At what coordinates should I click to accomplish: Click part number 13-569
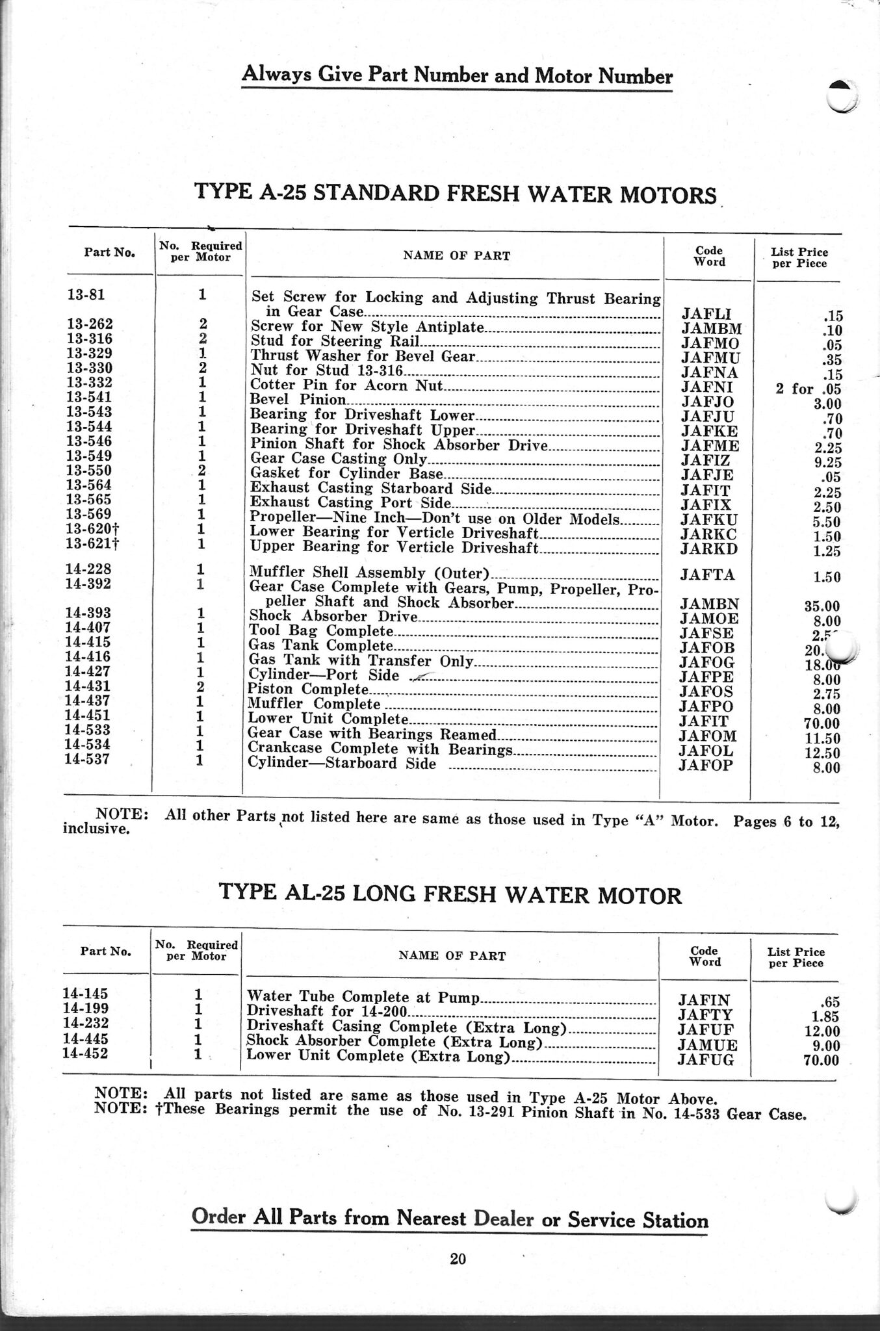pos(89,515)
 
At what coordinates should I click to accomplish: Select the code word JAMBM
pos(711,329)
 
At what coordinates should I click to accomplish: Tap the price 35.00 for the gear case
pos(822,607)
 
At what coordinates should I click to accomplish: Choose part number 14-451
pos(87,716)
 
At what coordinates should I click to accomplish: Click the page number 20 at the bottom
pos(458,1259)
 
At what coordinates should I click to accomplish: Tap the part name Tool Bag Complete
pos(322,631)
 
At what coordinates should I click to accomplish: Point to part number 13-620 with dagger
pos(91,529)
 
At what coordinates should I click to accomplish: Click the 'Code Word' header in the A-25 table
pos(709,256)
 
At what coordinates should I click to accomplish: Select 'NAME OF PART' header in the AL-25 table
pos(452,955)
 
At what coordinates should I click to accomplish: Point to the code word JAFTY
pos(705,1015)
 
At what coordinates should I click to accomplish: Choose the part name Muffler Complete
pos(315,704)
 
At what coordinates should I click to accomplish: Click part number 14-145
pos(85,993)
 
